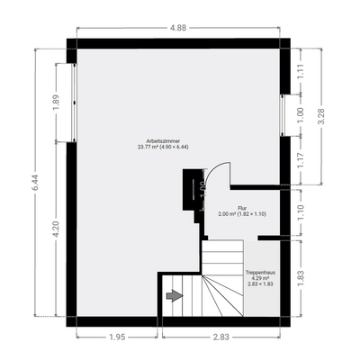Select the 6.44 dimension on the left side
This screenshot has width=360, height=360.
(x=35, y=186)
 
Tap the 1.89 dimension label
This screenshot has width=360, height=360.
(x=56, y=102)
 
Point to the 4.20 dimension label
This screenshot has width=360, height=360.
(x=56, y=229)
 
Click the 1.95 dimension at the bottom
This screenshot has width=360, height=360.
(x=116, y=338)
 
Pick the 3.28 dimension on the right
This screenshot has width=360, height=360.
(x=322, y=115)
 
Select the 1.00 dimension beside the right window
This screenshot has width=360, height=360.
(x=302, y=115)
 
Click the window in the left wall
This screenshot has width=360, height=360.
(x=69, y=101)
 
